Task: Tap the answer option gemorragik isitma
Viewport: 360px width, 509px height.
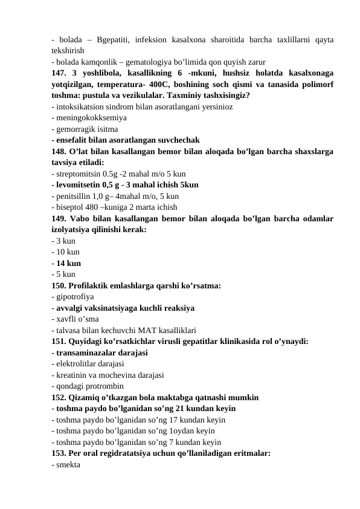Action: click(x=86, y=129)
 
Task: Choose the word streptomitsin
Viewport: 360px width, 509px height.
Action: click(x=78, y=173)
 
